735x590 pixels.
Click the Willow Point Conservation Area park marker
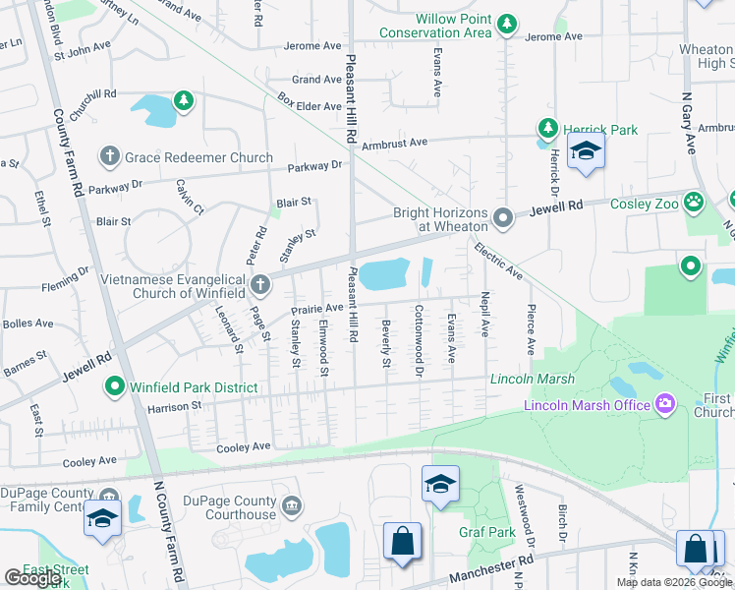(506, 22)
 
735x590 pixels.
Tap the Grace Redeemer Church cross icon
(109, 157)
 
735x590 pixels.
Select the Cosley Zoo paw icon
(695, 203)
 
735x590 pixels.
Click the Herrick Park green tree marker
(547, 128)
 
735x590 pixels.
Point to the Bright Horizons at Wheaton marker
(503, 217)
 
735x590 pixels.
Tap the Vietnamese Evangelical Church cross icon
(259, 286)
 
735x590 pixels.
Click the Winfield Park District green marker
(115, 387)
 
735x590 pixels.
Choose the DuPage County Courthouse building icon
(291, 506)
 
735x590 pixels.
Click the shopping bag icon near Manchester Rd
(402, 542)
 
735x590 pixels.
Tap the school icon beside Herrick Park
(587, 152)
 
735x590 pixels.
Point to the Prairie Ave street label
(317, 308)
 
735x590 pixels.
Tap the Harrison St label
(174, 405)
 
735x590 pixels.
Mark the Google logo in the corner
(32, 578)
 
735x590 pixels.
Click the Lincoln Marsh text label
(532, 379)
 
